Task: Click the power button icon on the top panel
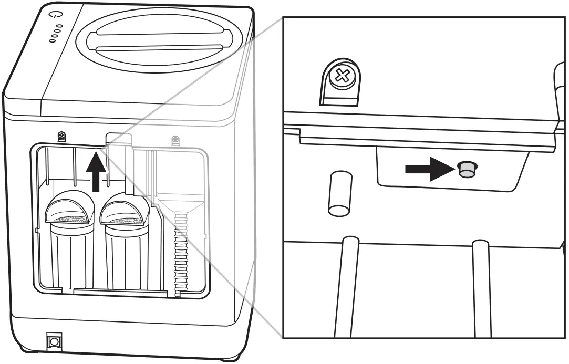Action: [54, 15]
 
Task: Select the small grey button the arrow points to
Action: [465, 169]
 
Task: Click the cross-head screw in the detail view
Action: [342, 77]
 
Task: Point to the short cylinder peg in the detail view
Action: [339, 193]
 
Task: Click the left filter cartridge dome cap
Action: [69, 206]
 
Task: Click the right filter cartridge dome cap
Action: [125, 206]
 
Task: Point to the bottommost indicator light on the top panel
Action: [52, 41]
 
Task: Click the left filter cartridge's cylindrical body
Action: [72, 257]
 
